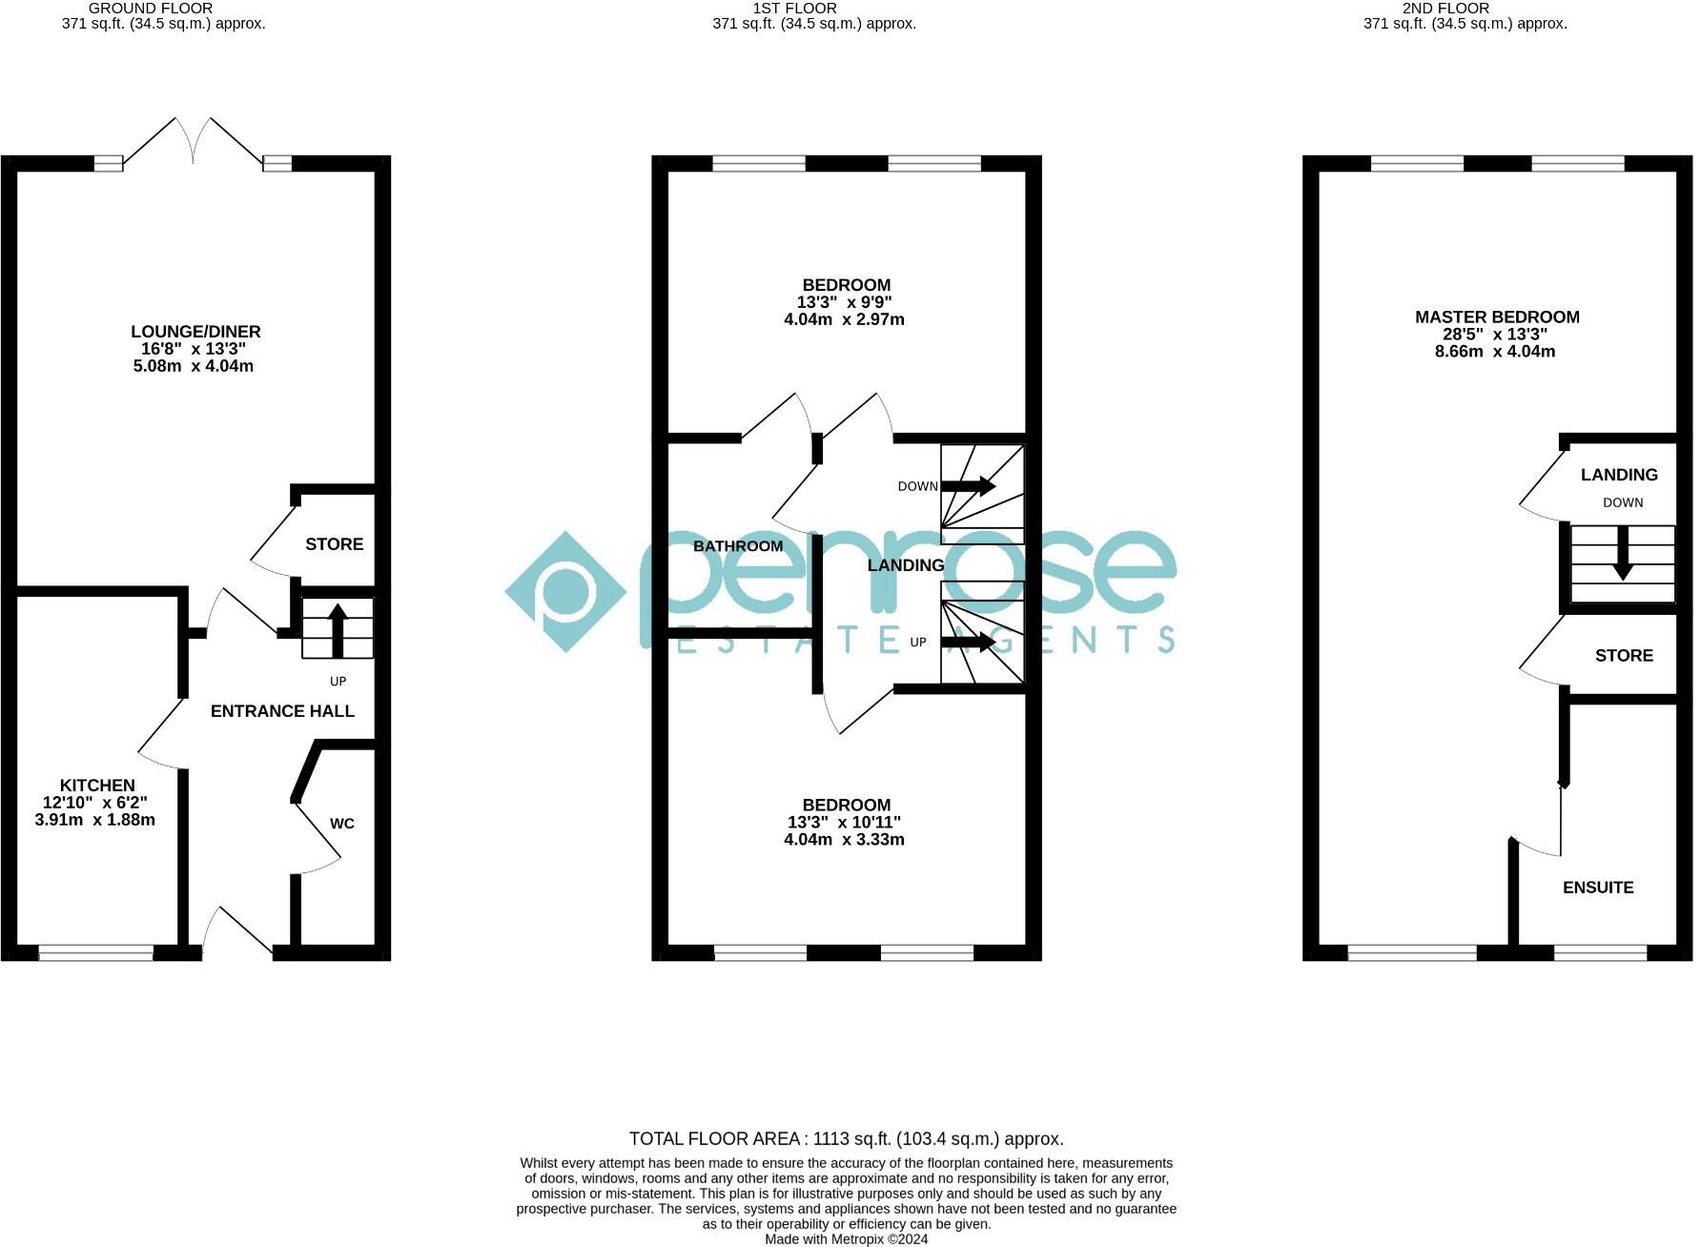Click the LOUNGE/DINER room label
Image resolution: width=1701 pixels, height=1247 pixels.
click(195, 332)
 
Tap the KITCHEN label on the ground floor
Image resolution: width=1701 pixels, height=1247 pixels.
click(97, 786)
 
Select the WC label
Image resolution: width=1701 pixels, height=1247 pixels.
click(342, 824)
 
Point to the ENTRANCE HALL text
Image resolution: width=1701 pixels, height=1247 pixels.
click(282, 711)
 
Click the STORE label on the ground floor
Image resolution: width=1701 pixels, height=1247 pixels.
click(334, 544)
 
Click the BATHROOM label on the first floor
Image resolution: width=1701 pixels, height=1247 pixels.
click(738, 546)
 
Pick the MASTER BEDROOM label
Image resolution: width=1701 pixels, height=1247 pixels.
click(1497, 317)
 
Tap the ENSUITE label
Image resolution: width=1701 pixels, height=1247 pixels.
click(1598, 888)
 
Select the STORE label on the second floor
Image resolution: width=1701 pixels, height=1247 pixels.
click(1624, 656)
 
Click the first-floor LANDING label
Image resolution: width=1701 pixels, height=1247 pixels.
click(906, 565)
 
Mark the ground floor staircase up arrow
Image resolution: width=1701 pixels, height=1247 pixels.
click(338, 629)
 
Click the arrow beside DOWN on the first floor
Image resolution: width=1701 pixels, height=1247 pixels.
click(969, 486)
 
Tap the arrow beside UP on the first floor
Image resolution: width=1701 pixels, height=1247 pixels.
click(969, 643)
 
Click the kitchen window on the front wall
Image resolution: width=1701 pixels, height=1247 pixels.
click(95, 951)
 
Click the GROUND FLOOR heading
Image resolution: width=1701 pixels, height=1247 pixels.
click(151, 9)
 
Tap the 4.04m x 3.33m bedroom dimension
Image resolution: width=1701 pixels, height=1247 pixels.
click(844, 840)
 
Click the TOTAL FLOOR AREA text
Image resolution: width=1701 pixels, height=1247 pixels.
click(846, 1139)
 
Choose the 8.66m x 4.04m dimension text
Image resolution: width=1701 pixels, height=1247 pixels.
click(1495, 352)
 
